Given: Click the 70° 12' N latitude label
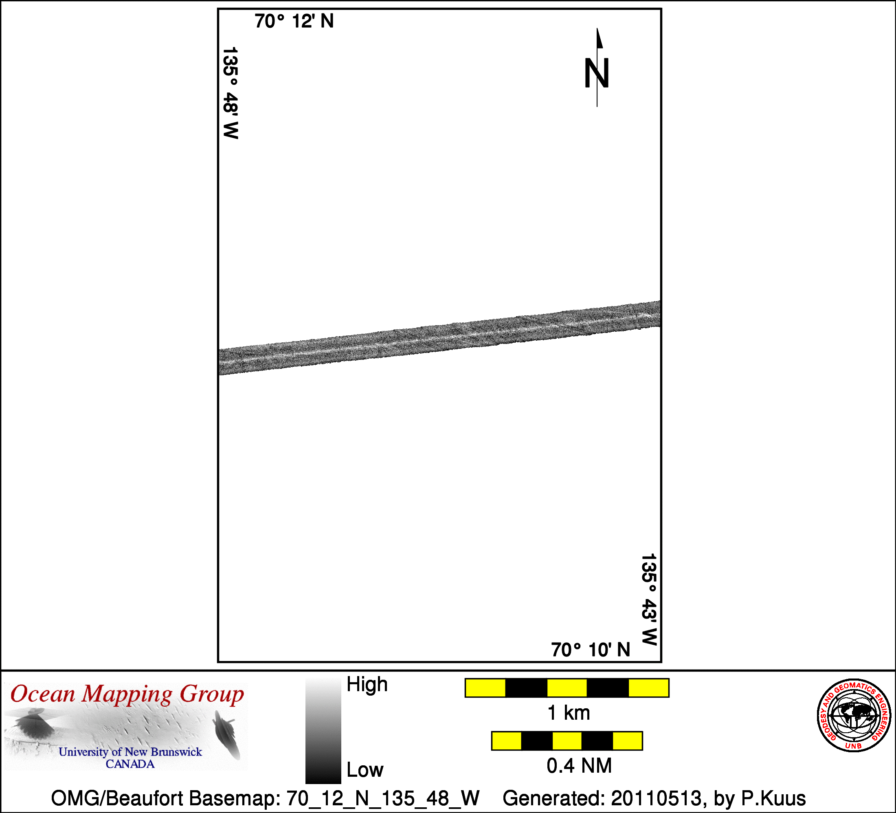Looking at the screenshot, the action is (x=294, y=21).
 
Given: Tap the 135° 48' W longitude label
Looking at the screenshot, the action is (x=231, y=93).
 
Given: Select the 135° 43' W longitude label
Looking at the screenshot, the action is (x=649, y=599).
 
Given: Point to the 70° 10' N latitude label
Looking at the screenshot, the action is (x=591, y=650).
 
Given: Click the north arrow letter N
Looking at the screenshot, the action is (x=596, y=73).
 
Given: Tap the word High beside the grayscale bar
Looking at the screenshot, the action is (x=367, y=685).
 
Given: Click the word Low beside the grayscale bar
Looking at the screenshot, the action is (x=365, y=770).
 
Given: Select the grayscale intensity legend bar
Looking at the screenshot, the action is (x=323, y=731).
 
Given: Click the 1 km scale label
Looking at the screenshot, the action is (x=569, y=713).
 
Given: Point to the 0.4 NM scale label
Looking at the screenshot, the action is (x=579, y=766).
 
